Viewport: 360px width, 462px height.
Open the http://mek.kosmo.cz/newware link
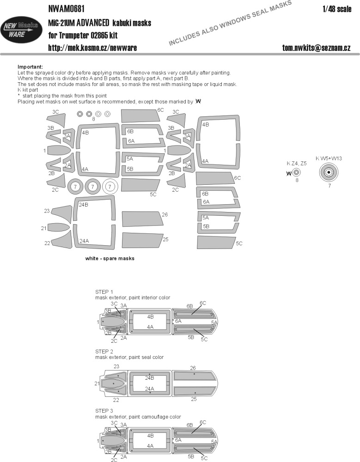click(x=92, y=48)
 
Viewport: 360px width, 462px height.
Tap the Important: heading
click(x=30, y=67)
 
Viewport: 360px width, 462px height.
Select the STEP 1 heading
click(x=104, y=292)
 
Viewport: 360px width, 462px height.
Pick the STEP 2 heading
click(x=104, y=351)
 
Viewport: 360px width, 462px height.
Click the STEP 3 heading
click(x=104, y=411)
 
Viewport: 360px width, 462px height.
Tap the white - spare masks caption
click(x=110, y=259)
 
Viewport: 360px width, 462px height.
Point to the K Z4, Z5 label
click(x=296, y=163)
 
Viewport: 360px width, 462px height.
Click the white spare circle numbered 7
click(x=110, y=187)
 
